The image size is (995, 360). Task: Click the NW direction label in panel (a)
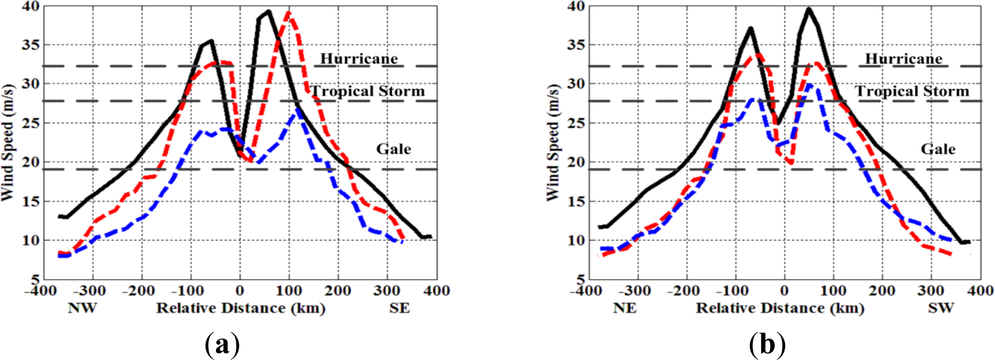pyautogui.click(x=82, y=308)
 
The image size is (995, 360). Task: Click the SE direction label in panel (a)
pyautogui.click(x=399, y=308)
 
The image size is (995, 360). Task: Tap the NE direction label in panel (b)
pyautogui.click(x=625, y=308)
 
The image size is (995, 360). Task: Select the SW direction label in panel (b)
pyautogui.click(x=941, y=308)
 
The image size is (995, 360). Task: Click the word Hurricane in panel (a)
pyautogui.click(x=359, y=59)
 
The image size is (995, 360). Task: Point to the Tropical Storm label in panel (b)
pyautogui.click(x=912, y=91)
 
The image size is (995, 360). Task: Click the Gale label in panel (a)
pyautogui.click(x=394, y=149)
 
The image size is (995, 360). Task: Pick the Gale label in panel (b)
pyautogui.click(x=938, y=149)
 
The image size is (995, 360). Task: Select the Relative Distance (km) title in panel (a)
pyautogui.click(x=241, y=308)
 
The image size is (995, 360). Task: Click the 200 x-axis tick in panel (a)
pyautogui.click(x=337, y=290)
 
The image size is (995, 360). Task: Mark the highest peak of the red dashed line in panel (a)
pyautogui.click(x=288, y=13)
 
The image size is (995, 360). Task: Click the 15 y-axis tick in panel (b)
pyautogui.click(x=575, y=202)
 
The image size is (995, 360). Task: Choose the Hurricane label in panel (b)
pyautogui.click(x=903, y=59)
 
